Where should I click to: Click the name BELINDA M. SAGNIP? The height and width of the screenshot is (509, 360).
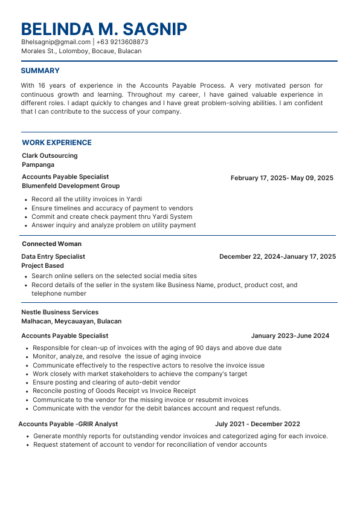click(104, 28)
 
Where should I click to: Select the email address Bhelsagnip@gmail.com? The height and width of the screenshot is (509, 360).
click(56, 42)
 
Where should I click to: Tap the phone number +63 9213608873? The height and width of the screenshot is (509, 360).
click(122, 42)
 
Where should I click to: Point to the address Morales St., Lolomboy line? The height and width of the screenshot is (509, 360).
click(81, 51)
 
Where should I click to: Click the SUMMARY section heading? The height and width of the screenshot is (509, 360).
click(40, 71)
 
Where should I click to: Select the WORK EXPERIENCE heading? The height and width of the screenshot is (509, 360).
click(57, 143)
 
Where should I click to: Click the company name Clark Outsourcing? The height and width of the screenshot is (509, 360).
click(50, 156)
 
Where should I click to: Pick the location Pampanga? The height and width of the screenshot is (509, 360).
click(38, 164)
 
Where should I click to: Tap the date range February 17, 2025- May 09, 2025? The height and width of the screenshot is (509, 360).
click(281, 178)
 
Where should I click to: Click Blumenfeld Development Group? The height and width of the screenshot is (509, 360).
click(71, 186)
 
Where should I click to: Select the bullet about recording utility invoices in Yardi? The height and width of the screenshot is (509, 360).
click(78, 199)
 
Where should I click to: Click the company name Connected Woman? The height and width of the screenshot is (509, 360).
click(51, 244)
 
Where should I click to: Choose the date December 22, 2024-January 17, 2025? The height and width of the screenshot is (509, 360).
click(277, 257)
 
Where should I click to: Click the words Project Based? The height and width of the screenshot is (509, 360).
click(42, 265)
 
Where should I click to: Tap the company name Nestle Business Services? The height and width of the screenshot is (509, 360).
click(60, 313)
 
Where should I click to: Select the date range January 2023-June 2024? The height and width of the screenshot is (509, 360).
click(290, 336)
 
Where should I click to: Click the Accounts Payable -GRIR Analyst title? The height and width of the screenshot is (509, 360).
click(68, 424)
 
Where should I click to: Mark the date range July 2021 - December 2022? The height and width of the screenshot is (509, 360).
click(257, 424)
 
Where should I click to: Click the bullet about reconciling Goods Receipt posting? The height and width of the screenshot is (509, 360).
click(114, 391)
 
